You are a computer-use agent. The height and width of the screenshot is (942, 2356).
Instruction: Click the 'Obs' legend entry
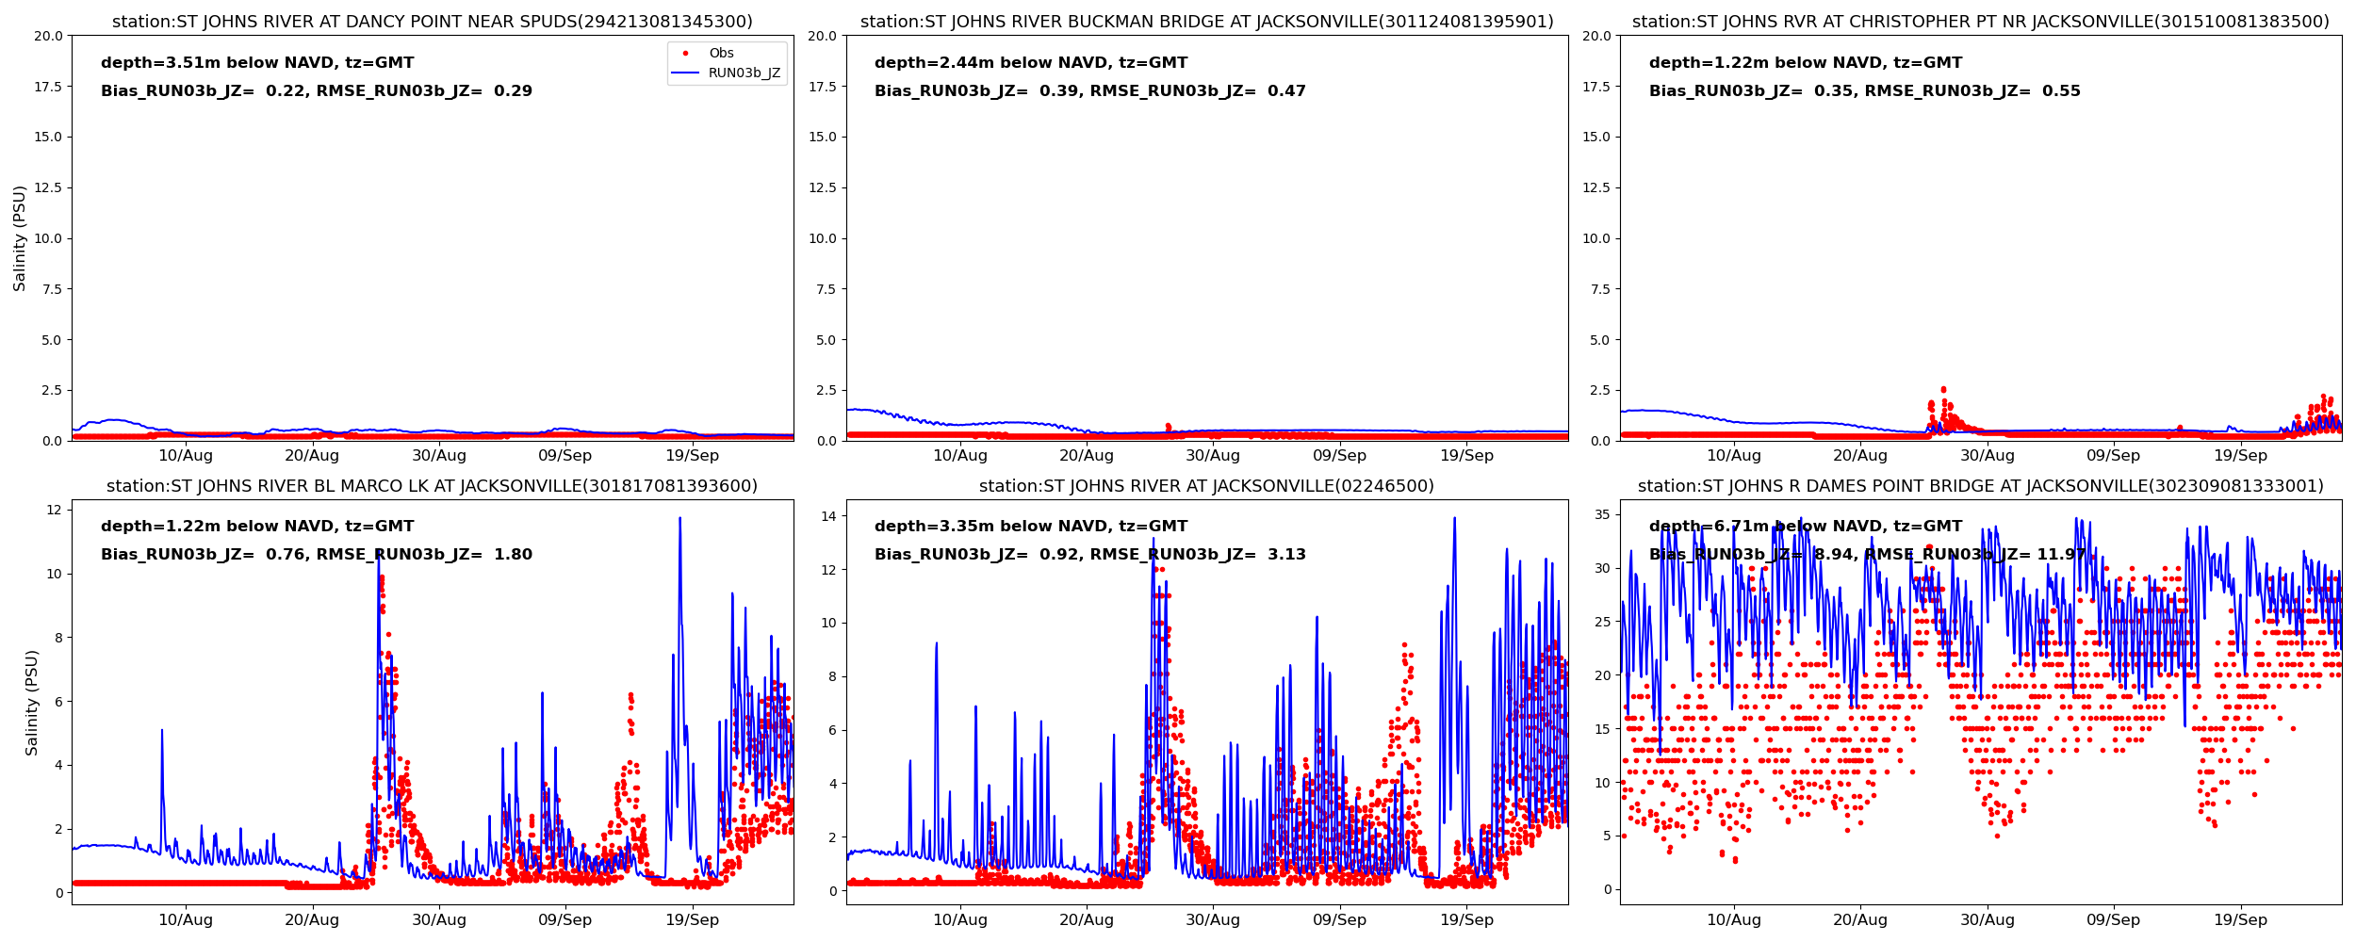[x=721, y=54]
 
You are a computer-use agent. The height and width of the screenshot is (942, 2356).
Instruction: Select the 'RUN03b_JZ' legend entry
[x=744, y=73]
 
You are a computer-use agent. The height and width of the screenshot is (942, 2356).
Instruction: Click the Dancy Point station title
[x=433, y=22]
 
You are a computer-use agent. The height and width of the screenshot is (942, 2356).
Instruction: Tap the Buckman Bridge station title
[x=1206, y=22]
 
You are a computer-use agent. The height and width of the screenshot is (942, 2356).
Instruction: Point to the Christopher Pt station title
[x=1980, y=22]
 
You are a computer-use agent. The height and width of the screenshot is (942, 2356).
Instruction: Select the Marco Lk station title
[x=432, y=486]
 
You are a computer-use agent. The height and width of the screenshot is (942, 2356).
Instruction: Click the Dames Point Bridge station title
[x=1980, y=486]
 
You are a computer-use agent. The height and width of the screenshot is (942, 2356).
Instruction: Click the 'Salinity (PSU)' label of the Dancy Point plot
[x=20, y=238]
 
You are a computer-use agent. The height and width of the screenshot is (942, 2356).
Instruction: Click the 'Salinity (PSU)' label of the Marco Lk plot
[x=32, y=702]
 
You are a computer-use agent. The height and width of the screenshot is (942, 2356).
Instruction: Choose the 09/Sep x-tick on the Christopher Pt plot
[x=2113, y=456]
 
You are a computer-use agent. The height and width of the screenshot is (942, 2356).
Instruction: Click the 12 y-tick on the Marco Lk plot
[x=54, y=511]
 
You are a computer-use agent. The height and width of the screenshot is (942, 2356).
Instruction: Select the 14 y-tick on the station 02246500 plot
[x=828, y=516]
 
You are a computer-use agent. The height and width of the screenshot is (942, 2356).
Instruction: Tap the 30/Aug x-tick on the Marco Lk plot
[x=438, y=919]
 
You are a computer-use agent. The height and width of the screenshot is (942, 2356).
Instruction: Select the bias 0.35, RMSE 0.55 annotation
[x=1864, y=91]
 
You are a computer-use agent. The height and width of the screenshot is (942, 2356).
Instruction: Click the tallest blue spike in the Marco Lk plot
[x=679, y=519]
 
